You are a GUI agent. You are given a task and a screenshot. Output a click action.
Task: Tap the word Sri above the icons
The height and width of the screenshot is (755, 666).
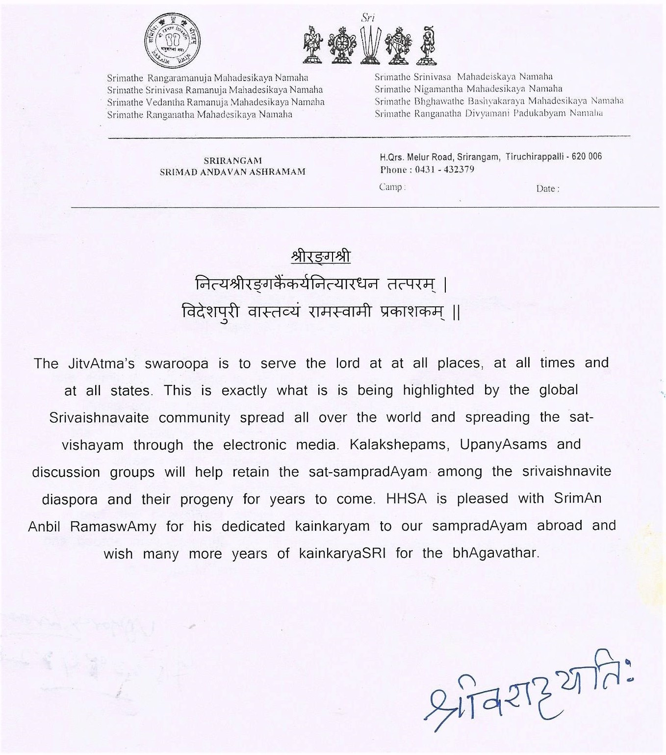point(367,18)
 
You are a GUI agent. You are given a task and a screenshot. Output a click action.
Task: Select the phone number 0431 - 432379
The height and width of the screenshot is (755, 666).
point(444,170)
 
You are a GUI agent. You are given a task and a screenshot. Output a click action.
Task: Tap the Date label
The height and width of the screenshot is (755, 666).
point(547,189)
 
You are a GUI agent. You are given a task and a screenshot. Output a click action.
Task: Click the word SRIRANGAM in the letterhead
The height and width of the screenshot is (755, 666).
point(232,161)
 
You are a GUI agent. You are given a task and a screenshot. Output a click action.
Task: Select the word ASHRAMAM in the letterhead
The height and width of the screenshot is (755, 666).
point(279,172)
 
